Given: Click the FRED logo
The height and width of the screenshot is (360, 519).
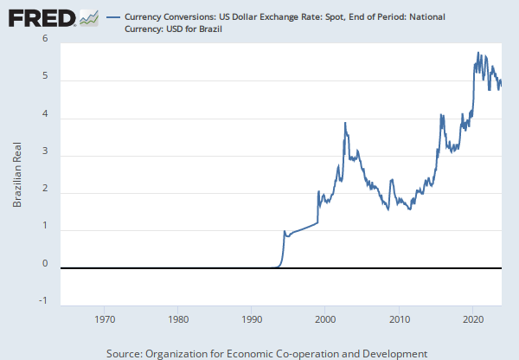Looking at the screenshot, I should tap(42, 17).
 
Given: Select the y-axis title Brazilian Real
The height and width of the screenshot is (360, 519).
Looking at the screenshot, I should tap(16, 174).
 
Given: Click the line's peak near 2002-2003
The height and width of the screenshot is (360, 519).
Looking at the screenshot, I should tap(345, 123).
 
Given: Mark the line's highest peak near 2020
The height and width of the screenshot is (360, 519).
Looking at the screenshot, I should tap(477, 53).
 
